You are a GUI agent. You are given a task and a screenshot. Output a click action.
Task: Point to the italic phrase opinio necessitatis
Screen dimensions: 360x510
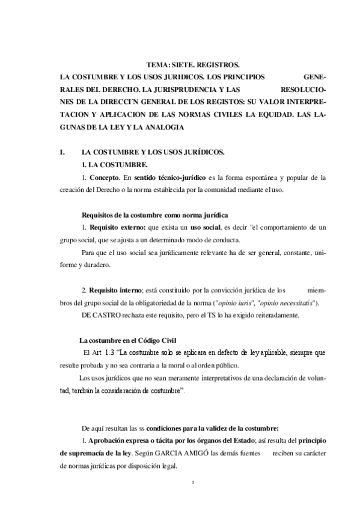pyautogui.click(x=276, y=303)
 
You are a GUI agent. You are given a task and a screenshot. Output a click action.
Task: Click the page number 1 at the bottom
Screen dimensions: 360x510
pyautogui.click(x=191, y=482)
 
